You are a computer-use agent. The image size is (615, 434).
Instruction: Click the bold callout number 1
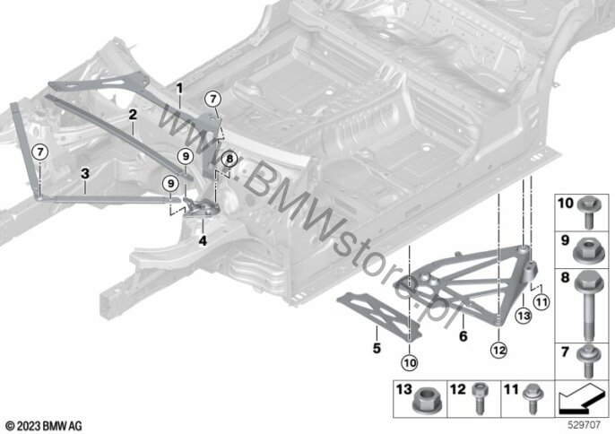tap(178, 88)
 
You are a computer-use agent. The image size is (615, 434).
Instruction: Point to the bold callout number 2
tap(132, 115)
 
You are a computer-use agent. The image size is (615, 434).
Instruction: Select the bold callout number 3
tap(84, 171)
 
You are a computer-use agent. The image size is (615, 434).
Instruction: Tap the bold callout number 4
tap(203, 240)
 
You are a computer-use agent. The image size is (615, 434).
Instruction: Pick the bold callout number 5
tap(377, 344)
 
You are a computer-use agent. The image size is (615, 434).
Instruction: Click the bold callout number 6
tap(463, 336)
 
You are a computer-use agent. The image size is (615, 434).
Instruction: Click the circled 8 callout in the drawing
tap(229, 159)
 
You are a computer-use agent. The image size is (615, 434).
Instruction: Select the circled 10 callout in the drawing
tap(410, 362)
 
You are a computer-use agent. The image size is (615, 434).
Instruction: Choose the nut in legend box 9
tap(587, 243)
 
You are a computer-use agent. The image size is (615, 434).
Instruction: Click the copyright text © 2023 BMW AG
tap(44, 424)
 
